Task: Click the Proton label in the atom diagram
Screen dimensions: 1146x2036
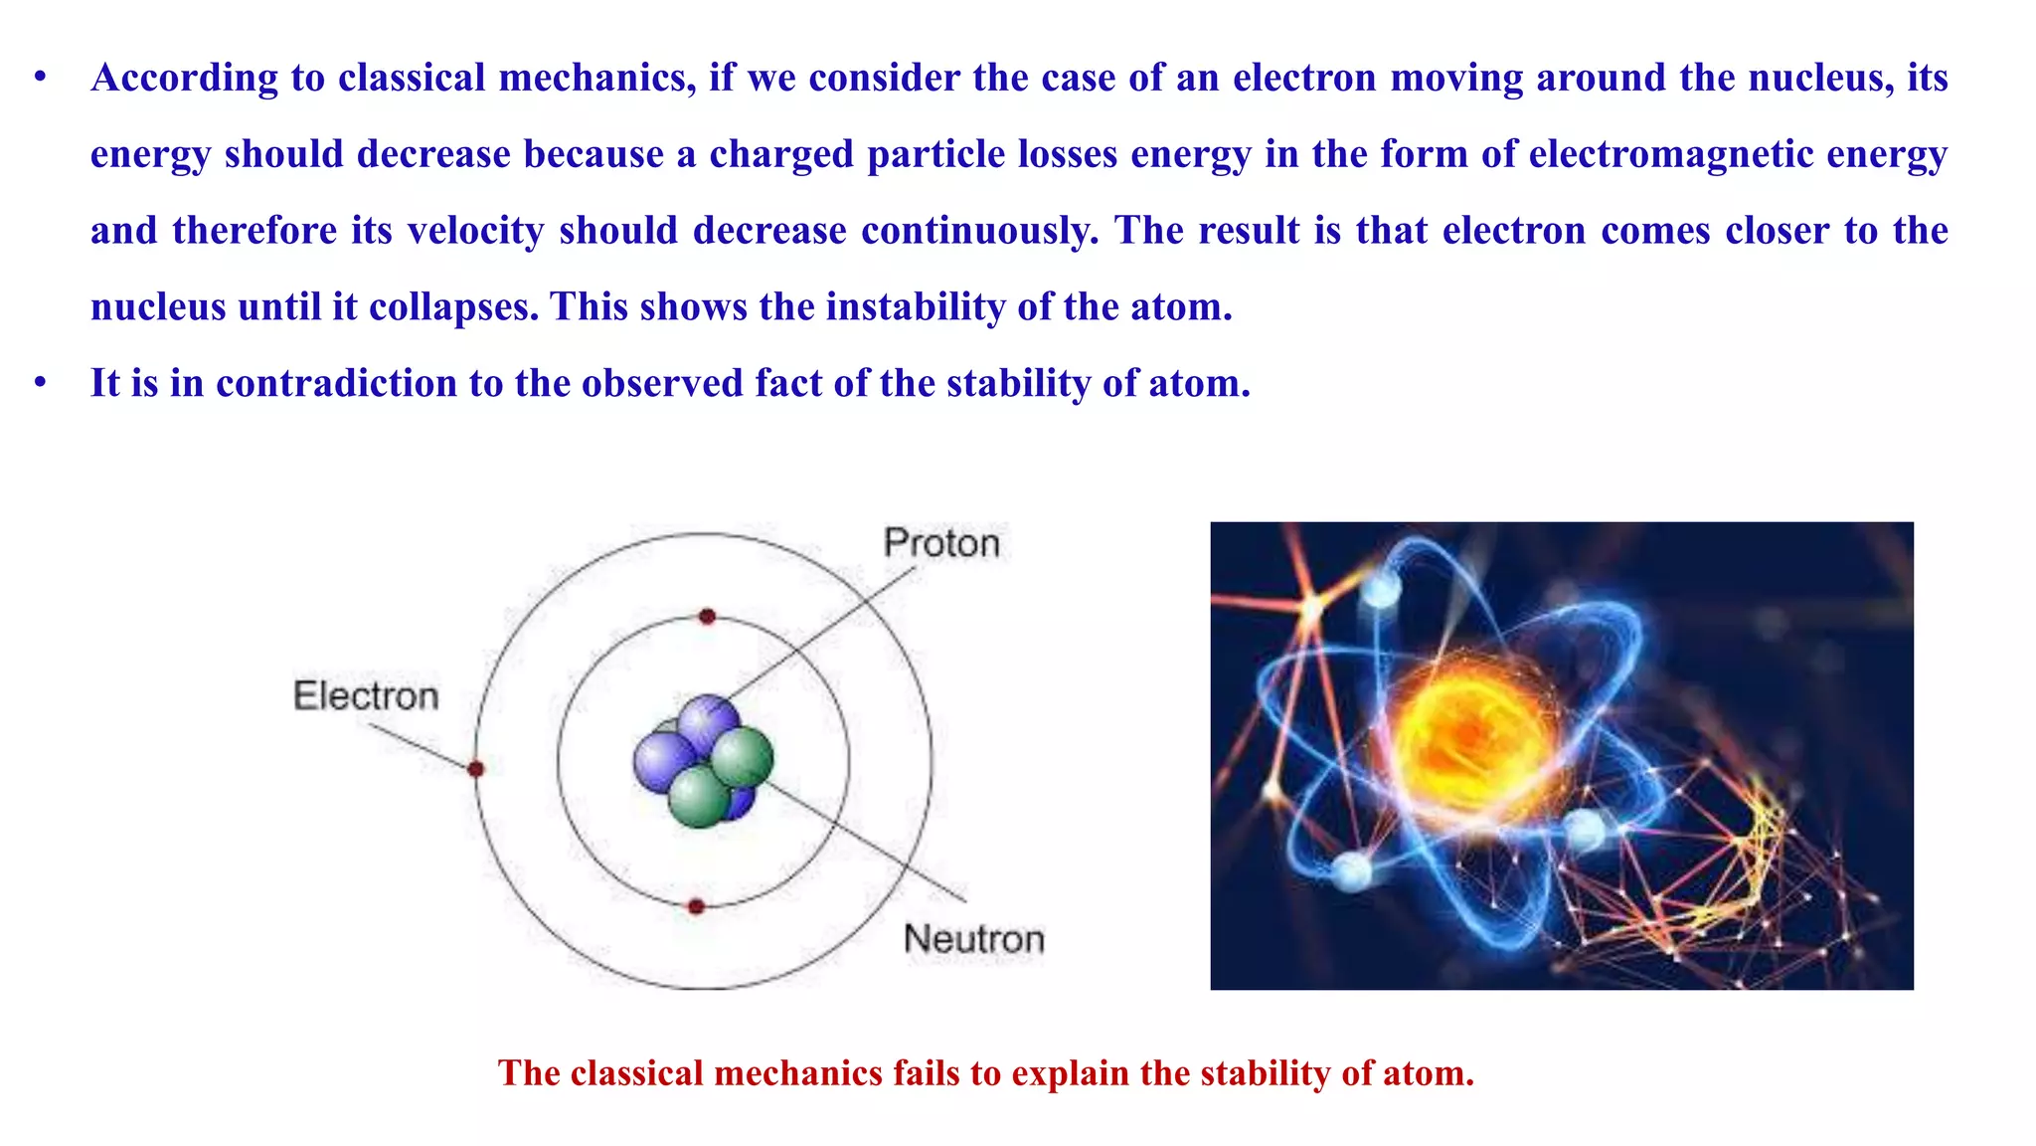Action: click(941, 543)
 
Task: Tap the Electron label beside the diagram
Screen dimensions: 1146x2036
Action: click(366, 695)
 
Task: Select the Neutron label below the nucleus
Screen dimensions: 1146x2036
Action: click(974, 938)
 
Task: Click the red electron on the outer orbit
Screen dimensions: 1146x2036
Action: click(476, 769)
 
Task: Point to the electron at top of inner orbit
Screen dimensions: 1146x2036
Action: click(707, 617)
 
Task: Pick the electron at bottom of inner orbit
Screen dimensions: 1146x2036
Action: click(697, 906)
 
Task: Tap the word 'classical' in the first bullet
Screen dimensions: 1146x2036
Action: click(412, 78)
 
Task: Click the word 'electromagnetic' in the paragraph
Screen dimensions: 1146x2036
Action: click(1671, 154)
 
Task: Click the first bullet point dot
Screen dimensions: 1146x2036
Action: click(40, 78)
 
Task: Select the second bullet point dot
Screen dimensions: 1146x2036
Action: click(40, 383)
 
